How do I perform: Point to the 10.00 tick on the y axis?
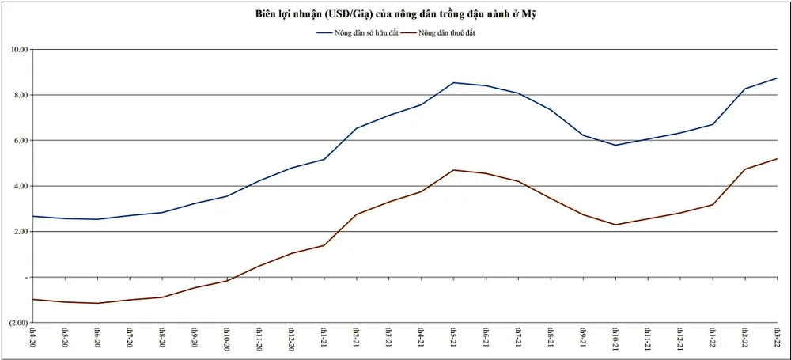coord(19,50)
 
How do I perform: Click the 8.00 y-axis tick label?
coord(21,95)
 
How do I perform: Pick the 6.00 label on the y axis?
coord(21,141)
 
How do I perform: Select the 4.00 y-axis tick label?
coord(21,186)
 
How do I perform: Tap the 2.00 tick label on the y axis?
coord(21,232)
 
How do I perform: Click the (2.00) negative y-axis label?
coord(18,323)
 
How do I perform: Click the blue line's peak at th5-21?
coord(452,82)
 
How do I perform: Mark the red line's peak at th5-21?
coord(452,170)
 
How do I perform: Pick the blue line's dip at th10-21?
coord(615,145)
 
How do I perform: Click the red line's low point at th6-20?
coord(97,303)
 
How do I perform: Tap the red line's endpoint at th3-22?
coord(777,159)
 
